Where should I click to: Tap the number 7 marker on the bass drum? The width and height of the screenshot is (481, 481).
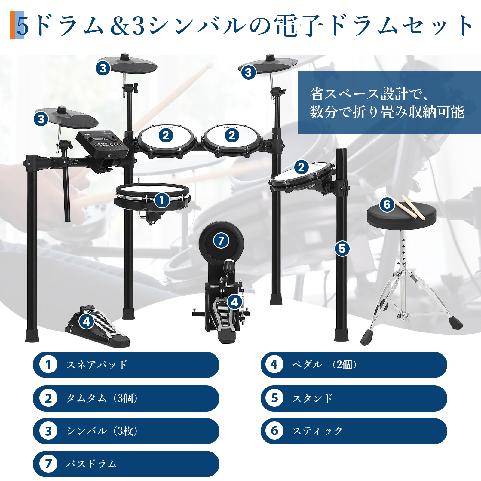pyautogui.click(x=221, y=240)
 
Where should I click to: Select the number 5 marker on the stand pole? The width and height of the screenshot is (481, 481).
pyautogui.click(x=342, y=249)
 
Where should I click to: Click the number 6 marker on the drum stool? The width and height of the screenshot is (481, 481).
pyautogui.click(x=387, y=204)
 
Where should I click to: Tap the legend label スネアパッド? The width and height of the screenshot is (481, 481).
pyautogui.click(x=97, y=365)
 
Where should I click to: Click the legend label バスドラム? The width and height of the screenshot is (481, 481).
pyautogui.click(x=91, y=464)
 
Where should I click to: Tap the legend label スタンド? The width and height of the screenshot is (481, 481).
pyautogui.click(x=312, y=398)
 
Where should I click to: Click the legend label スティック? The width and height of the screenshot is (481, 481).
pyautogui.click(x=317, y=431)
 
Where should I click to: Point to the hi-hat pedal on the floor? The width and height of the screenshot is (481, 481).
pyautogui.click(x=98, y=327)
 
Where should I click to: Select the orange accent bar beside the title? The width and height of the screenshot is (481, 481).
pyautogui.click(x=13, y=25)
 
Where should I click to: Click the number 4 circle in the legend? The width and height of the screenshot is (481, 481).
pyautogui.click(x=274, y=364)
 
